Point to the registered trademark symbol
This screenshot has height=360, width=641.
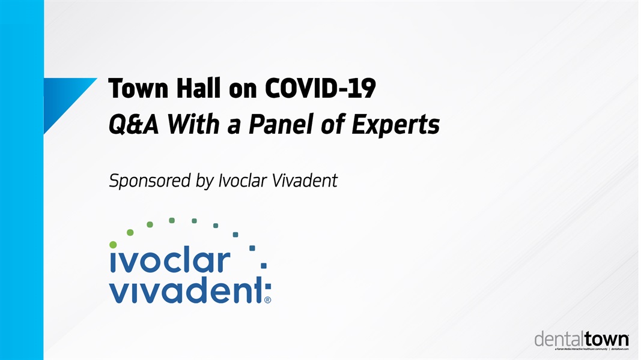(267, 300)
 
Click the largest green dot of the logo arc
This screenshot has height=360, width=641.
(113, 244)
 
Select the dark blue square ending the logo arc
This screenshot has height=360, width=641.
(264, 265)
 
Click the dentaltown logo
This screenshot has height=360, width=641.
(582, 340)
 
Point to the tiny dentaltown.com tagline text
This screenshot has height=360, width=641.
(619, 349)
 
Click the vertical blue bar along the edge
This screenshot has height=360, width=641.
(22, 180)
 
